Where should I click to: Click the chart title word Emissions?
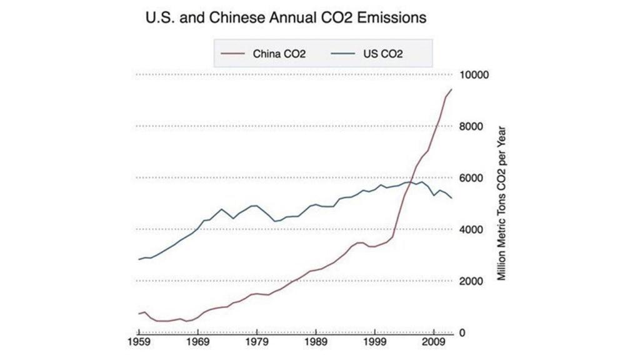(x=394, y=18)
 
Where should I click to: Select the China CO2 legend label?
(x=279, y=54)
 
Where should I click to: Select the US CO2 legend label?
(x=383, y=54)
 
